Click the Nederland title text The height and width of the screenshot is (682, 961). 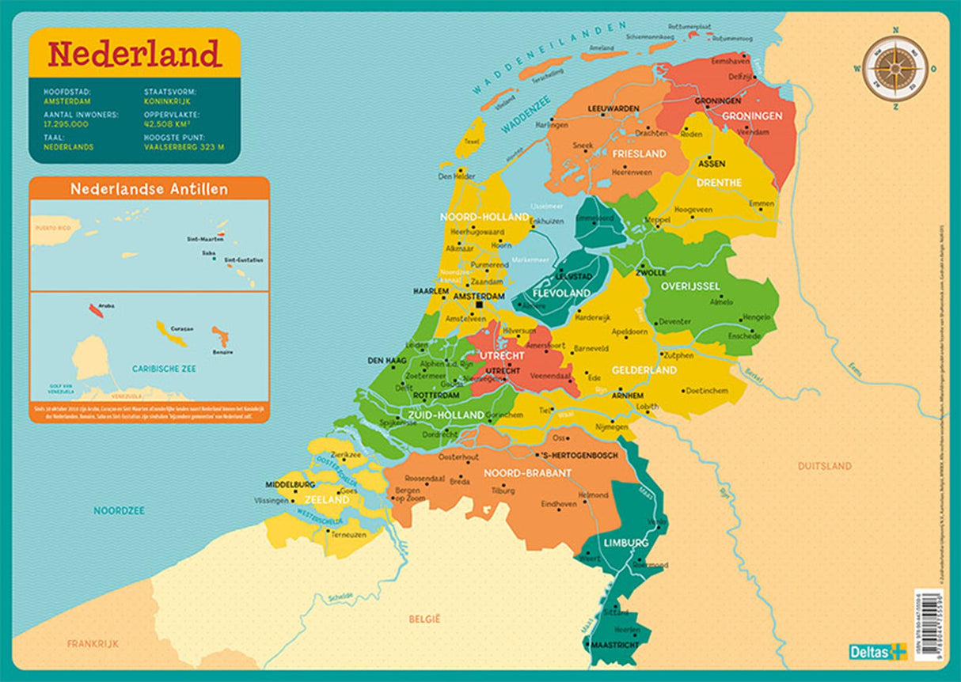[134, 54]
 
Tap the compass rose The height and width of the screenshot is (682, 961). [895, 69]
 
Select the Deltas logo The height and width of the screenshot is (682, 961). [876, 652]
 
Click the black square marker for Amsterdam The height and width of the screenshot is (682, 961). [478, 304]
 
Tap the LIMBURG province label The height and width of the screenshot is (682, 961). [626, 544]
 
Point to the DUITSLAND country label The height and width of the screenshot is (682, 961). [824, 466]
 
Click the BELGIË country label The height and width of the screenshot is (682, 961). [424, 617]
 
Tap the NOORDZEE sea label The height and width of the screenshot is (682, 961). [119, 510]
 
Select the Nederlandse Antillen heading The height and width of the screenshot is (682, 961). [149, 189]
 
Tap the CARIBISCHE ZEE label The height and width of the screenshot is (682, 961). [165, 369]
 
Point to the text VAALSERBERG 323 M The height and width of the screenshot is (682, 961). [184, 146]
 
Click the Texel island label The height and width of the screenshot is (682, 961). [472, 142]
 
